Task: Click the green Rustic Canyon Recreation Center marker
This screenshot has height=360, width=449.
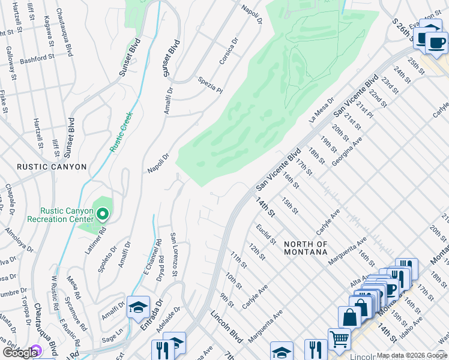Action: (x=103, y=214)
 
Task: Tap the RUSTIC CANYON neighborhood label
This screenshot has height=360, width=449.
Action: (x=52, y=167)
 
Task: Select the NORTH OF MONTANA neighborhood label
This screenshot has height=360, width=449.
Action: (x=306, y=248)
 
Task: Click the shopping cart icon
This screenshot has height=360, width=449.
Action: (x=339, y=339)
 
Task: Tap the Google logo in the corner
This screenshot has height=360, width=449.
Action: (x=20, y=353)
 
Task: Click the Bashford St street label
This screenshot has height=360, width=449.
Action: (x=37, y=59)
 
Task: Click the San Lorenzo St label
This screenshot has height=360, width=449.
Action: (x=173, y=254)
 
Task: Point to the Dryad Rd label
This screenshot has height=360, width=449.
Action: (x=161, y=270)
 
